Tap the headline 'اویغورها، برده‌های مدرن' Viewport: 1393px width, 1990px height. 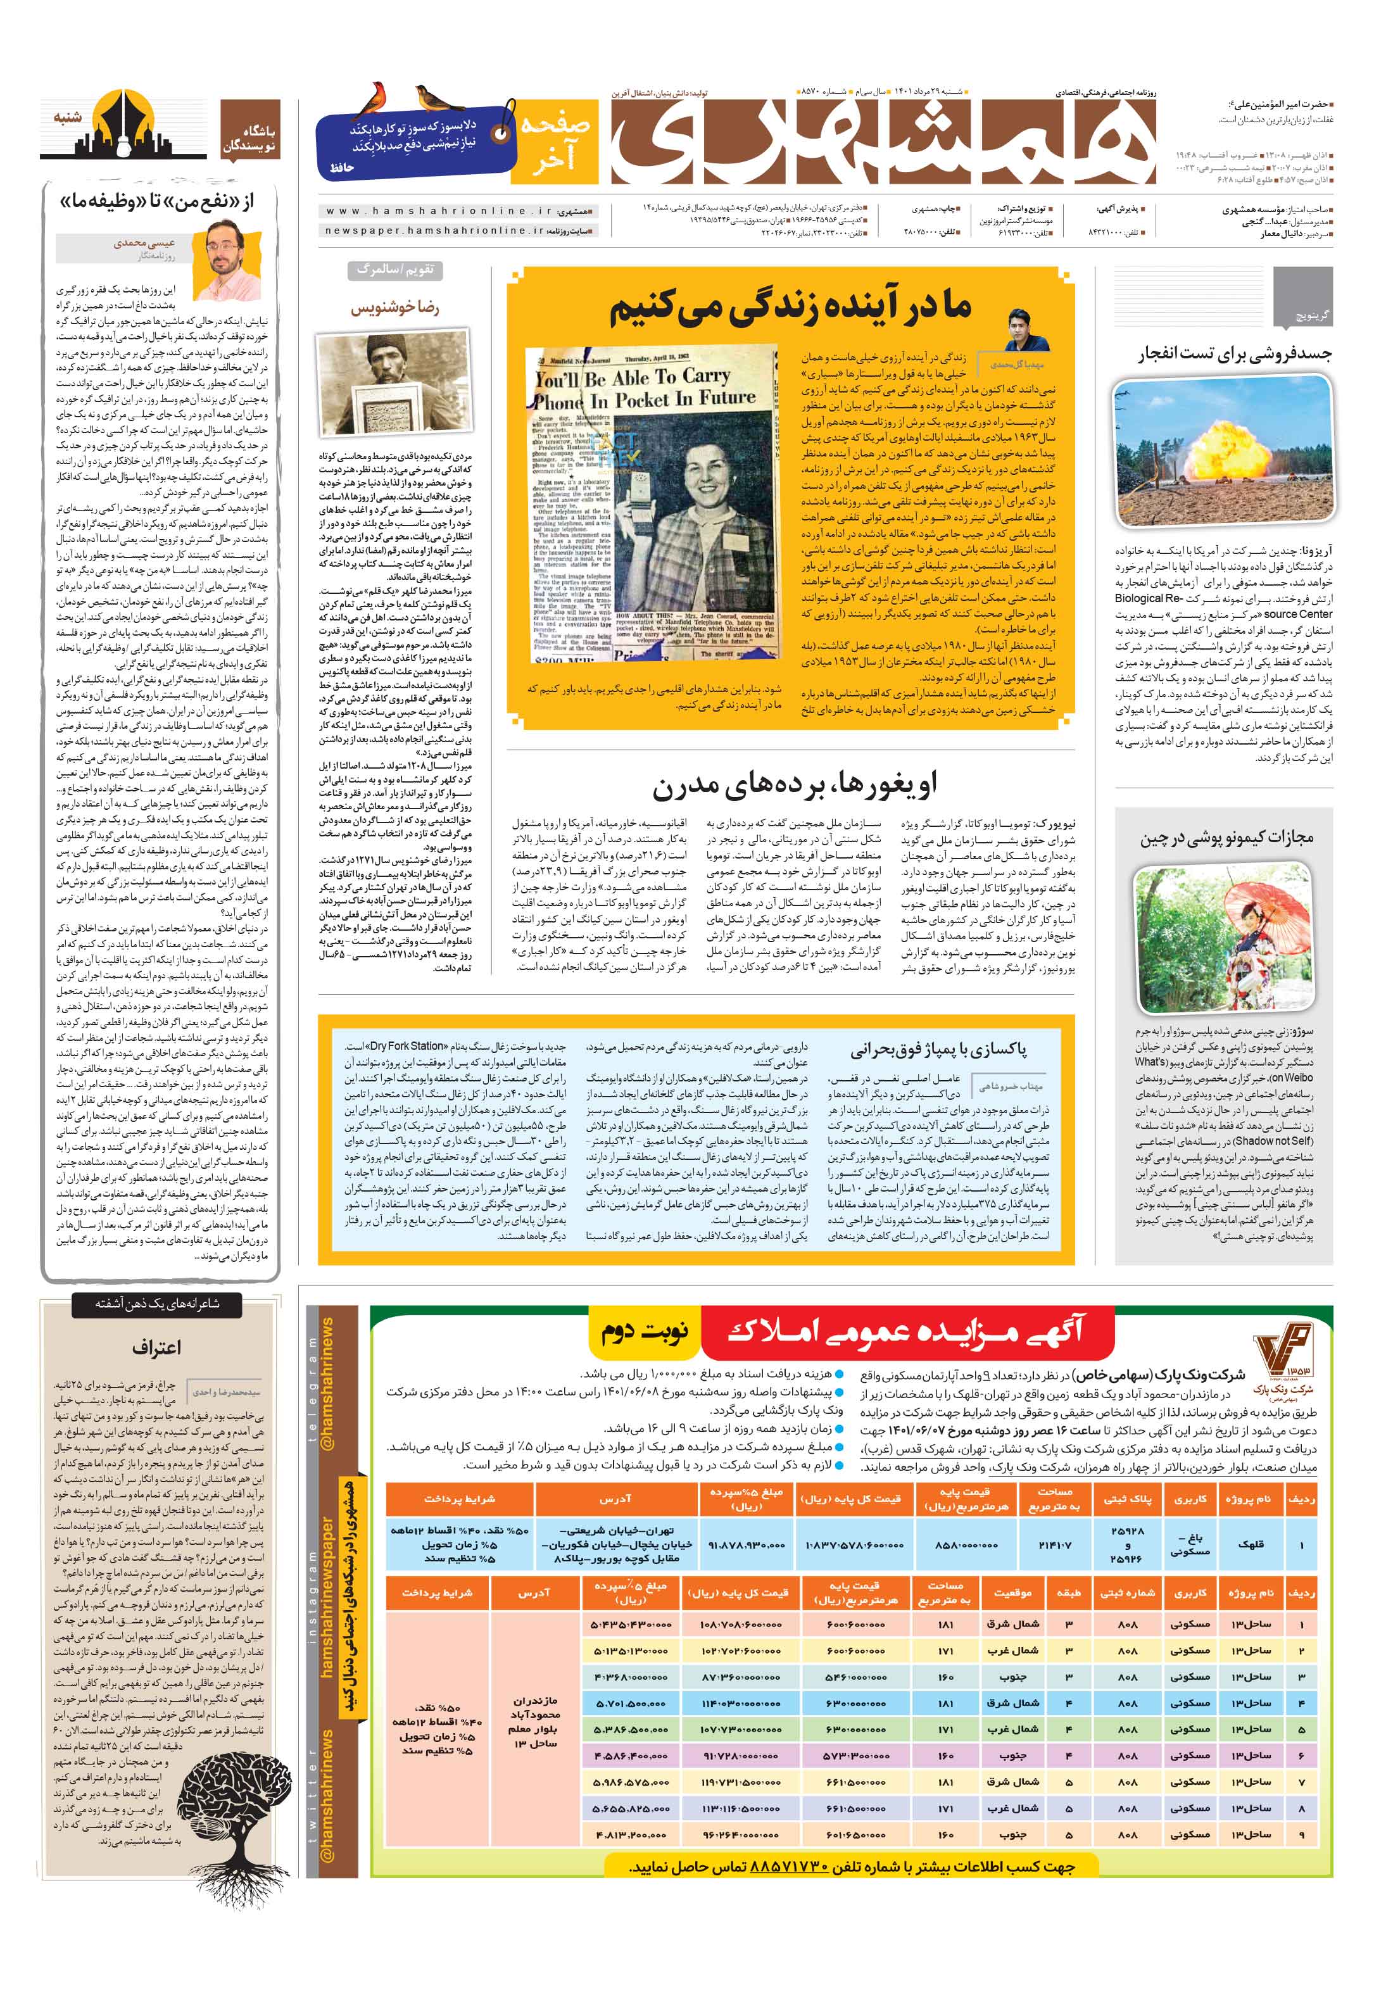(x=794, y=784)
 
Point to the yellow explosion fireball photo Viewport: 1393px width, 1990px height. (x=1222, y=453)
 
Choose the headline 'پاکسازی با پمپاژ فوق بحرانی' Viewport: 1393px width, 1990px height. (x=938, y=1050)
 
